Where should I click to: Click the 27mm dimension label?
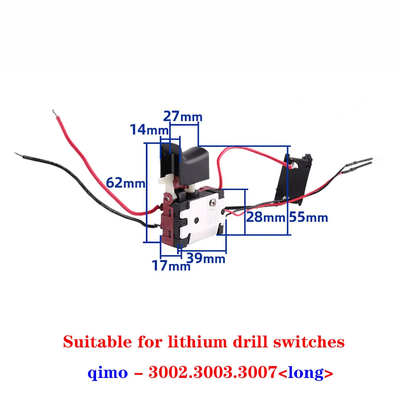(x=183, y=117)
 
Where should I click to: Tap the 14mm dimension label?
(x=145, y=130)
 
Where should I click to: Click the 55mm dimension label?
(x=308, y=217)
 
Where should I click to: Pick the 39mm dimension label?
(x=206, y=258)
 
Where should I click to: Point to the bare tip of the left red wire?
(x=53, y=113)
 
